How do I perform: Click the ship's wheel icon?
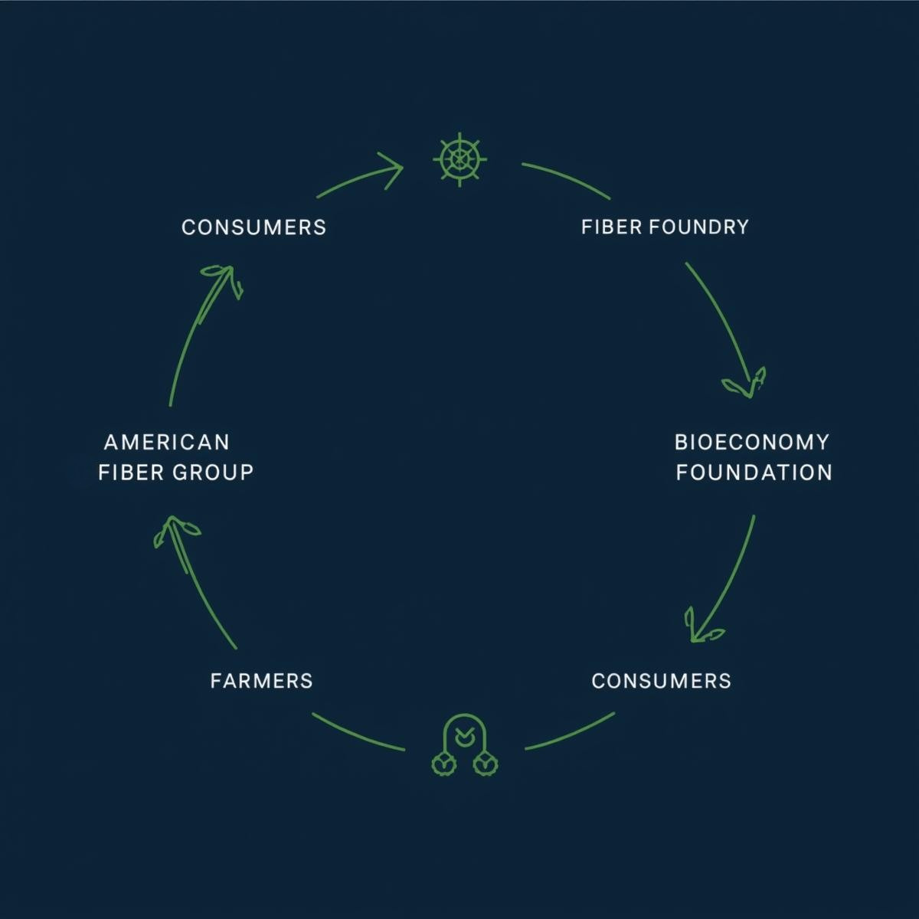pyautogui.click(x=459, y=159)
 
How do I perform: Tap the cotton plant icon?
pyautogui.click(x=464, y=751)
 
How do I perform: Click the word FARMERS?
pyautogui.click(x=261, y=680)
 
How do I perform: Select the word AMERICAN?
pyautogui.click(x=167, y=442)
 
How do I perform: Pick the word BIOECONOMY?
pyautogui.click(x=751, y=442)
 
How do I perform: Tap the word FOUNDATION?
pyautogui.click(x=754, y=472)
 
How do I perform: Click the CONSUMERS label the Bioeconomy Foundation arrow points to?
pyautogui.click(x=661, y=680)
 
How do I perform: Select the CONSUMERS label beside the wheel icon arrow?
pyautogui.click(x=253, y=227)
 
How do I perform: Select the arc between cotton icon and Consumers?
pyautogui.click(x=571, y=732)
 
